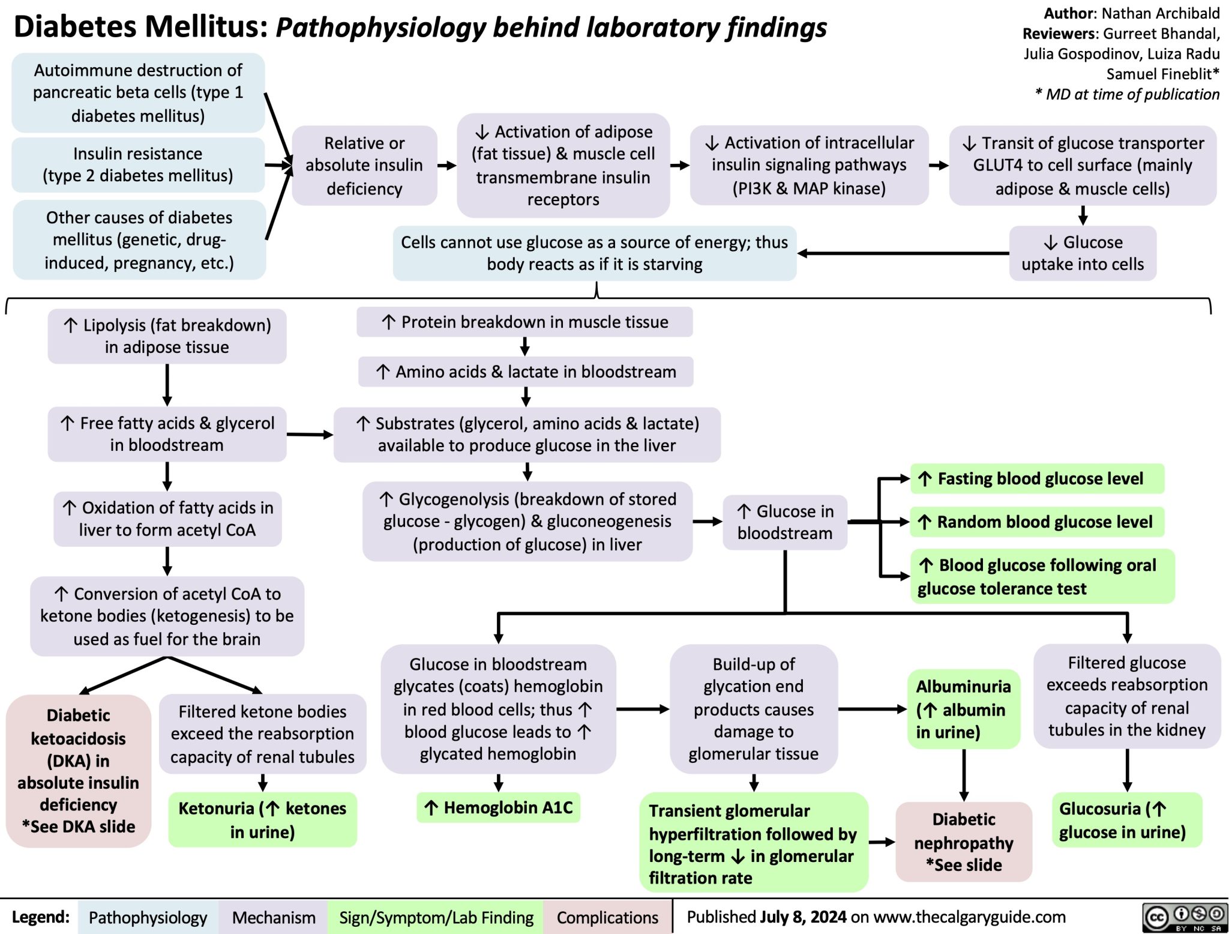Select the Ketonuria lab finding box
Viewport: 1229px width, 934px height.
coord(262,820)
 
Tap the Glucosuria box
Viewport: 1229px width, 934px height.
coord(1126,820)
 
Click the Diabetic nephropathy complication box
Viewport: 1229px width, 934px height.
coord(964,842)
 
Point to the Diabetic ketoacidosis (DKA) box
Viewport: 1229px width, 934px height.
coord(79,771)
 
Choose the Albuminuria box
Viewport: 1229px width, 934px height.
coord(963,709)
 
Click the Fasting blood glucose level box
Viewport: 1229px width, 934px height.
coord(1036,478)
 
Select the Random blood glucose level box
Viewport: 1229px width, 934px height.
coord(1036,522)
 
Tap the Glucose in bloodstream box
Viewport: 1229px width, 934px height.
coord(785,522)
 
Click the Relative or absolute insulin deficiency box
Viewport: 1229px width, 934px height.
coord(364,166)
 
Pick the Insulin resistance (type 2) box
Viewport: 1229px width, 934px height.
coord(138,164)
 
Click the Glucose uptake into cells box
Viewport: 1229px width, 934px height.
coord(1083,253)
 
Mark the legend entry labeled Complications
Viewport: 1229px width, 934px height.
coord(607,917)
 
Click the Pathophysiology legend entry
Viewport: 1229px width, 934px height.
coord(148,917)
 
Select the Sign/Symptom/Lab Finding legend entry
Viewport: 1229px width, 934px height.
coord(436,917)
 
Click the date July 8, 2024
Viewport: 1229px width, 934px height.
coord(803,917)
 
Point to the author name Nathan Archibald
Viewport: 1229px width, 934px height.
coord(1160,13)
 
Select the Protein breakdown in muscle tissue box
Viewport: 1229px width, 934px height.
coord(524,322)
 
